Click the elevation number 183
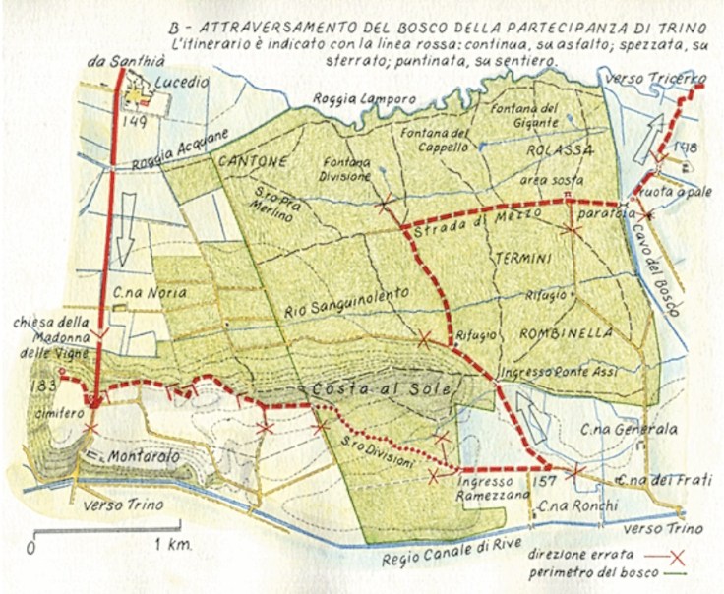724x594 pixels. pyautogui.click(x=43, y=384)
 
